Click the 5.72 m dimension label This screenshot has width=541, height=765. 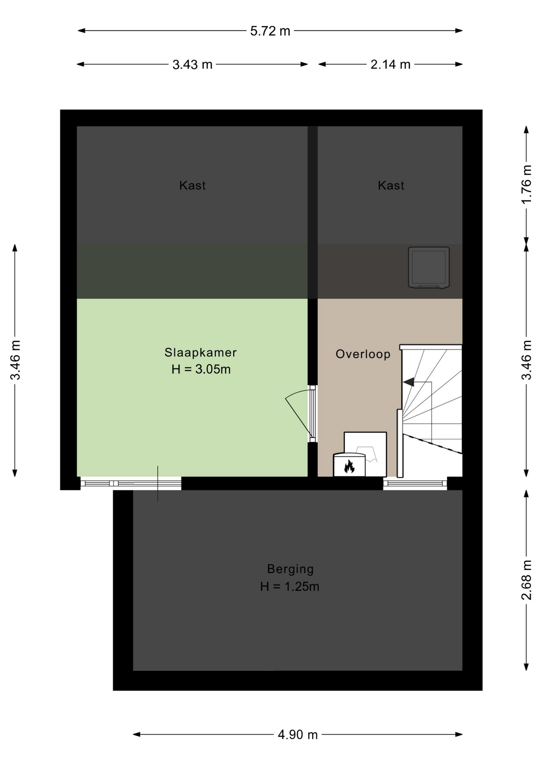click(x=270, y=31)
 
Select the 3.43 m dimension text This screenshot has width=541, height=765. click(x=192, y=65)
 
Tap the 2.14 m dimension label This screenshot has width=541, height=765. click(x=390, y=65)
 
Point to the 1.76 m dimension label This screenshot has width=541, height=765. click(x=527, y=184)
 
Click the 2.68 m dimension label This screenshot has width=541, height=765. click(x=527, y=580)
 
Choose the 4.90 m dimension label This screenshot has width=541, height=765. click(x=298, y=735)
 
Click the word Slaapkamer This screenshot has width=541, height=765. click(x=201, y=352)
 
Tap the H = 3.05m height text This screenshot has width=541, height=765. click(x=201, y=369)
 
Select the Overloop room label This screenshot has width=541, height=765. click(x=363, y=354)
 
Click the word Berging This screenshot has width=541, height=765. click(x=290, y=569)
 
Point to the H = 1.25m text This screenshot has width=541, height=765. click(x=290, y=586)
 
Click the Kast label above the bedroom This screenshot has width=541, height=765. click(x=192, y=185)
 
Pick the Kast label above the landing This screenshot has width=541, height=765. click(x=391, y=185)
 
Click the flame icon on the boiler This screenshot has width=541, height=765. click(x=349, y=466)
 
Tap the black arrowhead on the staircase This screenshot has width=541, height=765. click(x=408, y=382)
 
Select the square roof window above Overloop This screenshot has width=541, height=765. click(x=429, y=267)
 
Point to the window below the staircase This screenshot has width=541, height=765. click(x=415, y=483)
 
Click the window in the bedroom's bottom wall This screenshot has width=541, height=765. click(x=131, y=483)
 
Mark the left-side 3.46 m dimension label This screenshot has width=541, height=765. click(x=15, y=360)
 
